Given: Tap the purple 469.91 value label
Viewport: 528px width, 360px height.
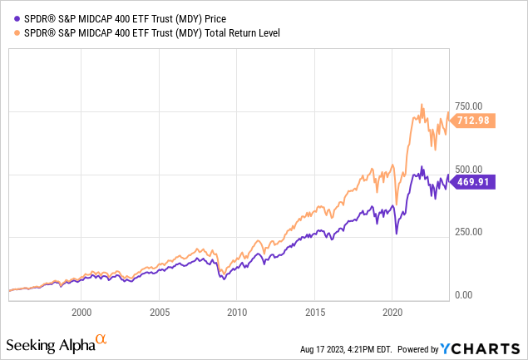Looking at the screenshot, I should (475, 182).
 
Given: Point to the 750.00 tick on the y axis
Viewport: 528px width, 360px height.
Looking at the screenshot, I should (467, 106).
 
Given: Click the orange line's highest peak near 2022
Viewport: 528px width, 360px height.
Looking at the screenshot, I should (422, 105).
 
